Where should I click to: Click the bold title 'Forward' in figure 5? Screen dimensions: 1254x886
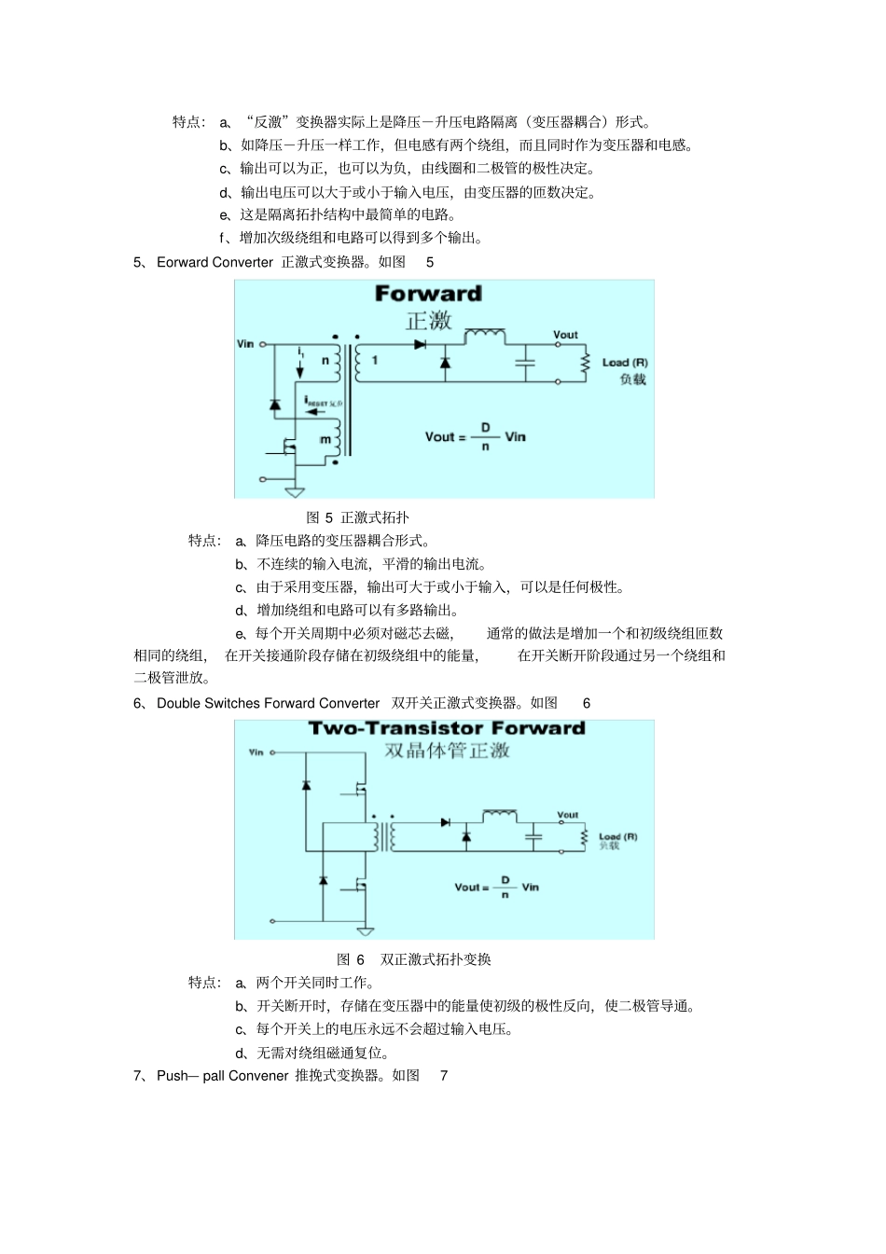click(428, 294)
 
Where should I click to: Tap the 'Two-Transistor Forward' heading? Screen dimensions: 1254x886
click(447, 728)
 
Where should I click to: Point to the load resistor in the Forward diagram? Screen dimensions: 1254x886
click(586, 363)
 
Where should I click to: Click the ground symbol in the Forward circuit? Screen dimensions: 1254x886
click(295, 490)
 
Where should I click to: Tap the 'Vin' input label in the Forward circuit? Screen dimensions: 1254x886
click(245, 344)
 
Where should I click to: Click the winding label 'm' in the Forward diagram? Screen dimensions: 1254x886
click(325, 439)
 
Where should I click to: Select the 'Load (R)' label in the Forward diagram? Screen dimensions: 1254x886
click(625, 362)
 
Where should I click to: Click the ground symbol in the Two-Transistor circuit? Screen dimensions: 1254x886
click(366, 930)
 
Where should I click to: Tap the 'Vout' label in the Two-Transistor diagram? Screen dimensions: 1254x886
click(568, 815)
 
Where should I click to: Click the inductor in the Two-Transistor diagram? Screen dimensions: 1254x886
click(500, 814)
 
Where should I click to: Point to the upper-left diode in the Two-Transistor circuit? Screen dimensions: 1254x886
click(306, 785)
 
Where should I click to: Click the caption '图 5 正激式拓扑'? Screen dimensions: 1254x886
click(358, 517)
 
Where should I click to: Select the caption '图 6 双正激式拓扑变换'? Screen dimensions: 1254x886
click(414, 959)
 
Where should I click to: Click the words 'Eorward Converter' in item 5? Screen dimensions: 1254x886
click(215, 263)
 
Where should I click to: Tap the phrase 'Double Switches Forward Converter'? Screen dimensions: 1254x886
click(268, 703)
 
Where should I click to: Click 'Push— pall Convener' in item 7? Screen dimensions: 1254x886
click(222, 1076)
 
